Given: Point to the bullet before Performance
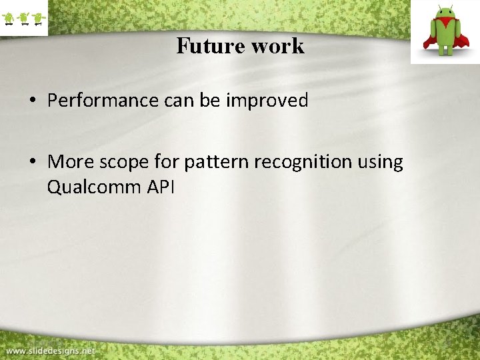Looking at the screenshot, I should tap(33, 101).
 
